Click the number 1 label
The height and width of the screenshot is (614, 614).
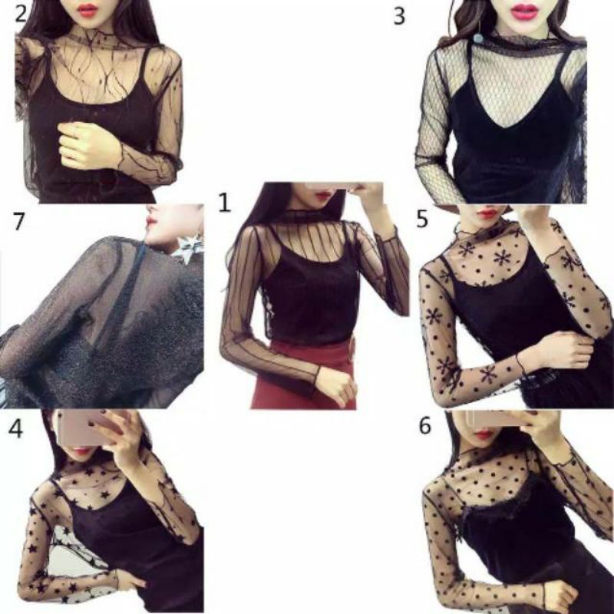(x=224, y=203)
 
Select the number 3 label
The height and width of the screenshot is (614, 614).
(x=398, y=16)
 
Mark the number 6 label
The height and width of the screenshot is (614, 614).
(x=425, y=426)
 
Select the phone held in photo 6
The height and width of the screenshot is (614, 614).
(x=492, y=418)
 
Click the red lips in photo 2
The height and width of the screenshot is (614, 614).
(x=87, y=10)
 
